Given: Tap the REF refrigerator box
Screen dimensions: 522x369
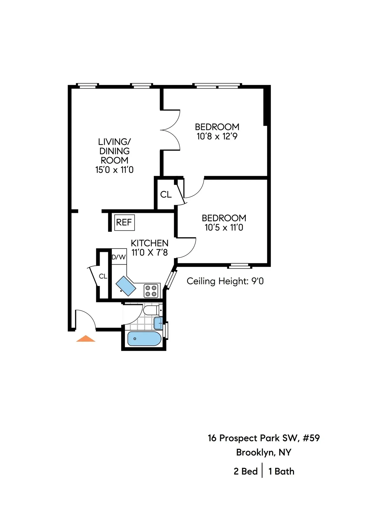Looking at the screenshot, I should tap(124, 222).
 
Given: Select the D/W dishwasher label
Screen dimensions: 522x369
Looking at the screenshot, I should tap(119, 257).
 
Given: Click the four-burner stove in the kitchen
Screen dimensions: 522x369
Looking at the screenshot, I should tap(152, 291).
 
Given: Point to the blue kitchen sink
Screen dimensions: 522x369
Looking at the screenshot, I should tap(126, 286).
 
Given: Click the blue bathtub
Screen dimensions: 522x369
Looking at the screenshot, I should tap(144, 339).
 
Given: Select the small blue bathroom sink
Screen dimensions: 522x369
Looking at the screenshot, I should tap(158, 323).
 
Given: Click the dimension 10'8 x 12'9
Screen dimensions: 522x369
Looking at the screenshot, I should tap(217, 137).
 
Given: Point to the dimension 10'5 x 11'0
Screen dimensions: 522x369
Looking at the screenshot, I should tap(224, 228).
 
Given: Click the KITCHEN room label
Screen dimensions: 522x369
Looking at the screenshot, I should tap(149, 243).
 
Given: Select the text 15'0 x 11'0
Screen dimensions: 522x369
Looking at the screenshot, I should tap(114, 170).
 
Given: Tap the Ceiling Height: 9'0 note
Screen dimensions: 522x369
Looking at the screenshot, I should tap(225, 281).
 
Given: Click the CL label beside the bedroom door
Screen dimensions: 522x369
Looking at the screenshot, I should tap(166, 194).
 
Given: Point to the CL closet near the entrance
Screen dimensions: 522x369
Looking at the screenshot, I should tap(103, 276).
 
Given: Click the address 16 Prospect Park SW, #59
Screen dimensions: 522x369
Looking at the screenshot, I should tap(264, 438).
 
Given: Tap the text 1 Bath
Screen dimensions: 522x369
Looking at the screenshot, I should tap(281, 472).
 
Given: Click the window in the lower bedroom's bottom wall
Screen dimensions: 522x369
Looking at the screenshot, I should tap(240, 265).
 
